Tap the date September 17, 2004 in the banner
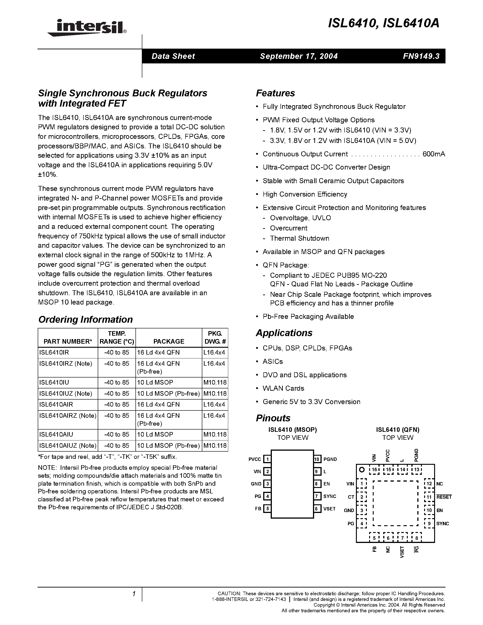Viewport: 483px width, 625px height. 299,56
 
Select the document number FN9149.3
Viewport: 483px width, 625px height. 421,56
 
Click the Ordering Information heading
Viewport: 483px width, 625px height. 85,319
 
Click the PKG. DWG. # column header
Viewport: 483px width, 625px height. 215,337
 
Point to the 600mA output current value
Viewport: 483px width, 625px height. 433,154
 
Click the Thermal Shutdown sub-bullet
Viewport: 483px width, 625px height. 299,238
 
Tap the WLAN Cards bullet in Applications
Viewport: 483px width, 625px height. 283,388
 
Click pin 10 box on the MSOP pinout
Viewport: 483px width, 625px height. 317,459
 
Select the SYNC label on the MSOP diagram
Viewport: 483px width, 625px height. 330,496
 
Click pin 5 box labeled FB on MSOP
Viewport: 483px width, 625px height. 267,509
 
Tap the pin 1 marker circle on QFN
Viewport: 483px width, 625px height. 362,470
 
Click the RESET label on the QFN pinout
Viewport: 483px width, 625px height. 444,497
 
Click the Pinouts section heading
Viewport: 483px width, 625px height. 273,418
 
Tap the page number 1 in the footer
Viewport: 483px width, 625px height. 134,594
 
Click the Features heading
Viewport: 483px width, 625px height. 275,93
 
